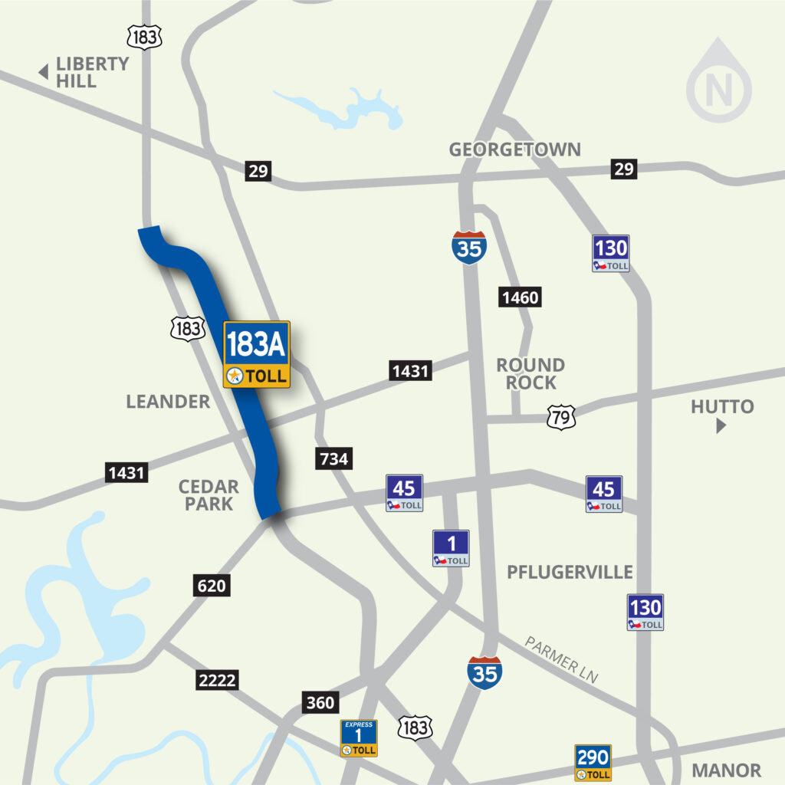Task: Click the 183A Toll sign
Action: tap(256, 354)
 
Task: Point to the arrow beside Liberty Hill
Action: tap(44, 73)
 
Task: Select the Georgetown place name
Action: tap(515, 149)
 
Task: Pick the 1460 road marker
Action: tap(520, 297)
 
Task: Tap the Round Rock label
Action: tap(530, 373)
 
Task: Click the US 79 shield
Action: tap(560, 418)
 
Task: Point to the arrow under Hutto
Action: tap(721, 426)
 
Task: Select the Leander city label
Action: tap(168, 401)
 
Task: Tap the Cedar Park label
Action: tap(209, 494)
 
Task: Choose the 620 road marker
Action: tap(212, 586)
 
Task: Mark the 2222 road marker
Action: tap(217, 679)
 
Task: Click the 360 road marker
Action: tap(320, 703)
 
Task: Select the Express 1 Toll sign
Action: tap(359, 738)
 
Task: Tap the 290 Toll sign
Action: tap(593, 763)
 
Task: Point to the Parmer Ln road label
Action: tap(561, 659)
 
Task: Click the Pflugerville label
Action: tap(570, 572)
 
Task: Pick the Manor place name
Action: tap(726, 770)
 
